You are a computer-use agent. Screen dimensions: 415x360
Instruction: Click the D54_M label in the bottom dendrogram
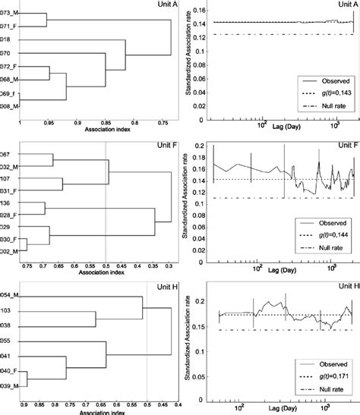[x=10, y=293]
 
